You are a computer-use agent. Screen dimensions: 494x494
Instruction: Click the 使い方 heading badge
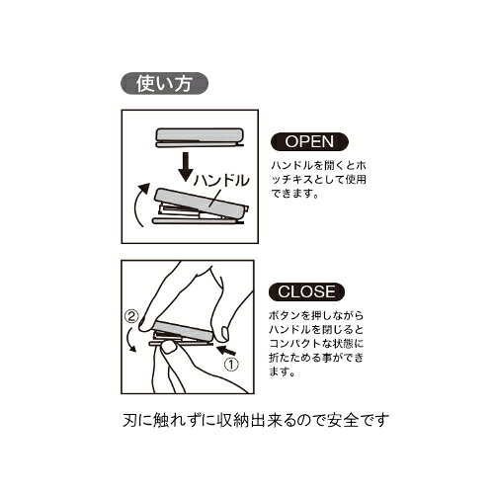tap(165, 83)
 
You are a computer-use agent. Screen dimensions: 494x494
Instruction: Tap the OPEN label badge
tap(309, 142)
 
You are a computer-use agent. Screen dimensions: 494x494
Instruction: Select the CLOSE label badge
tap(306, 291)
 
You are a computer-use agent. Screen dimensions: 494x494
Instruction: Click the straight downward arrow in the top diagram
tap(186, 167)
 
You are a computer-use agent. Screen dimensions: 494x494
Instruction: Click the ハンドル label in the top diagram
tap(221, 181)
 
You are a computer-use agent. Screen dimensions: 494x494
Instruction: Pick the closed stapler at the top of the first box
tap(200, 137)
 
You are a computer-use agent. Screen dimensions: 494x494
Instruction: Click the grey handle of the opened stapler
tap(202, 200)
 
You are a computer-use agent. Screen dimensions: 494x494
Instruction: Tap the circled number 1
tap(231, 365)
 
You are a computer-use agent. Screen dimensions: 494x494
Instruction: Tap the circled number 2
tap(131, 317)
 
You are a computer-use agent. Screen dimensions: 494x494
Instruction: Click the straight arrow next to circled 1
tap(227, 350)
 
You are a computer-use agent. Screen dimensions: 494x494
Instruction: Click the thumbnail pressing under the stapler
tap(170, 348)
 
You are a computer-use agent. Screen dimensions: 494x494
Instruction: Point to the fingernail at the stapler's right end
tap(225, 332)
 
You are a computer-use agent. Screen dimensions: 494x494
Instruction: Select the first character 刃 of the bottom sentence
tap(130, 421)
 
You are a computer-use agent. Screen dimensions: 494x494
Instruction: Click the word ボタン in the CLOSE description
tap(286, 316)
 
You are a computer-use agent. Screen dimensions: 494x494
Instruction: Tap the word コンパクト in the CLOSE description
tap(294, 344)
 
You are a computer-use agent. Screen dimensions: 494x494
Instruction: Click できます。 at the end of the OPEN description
tap(295, 194)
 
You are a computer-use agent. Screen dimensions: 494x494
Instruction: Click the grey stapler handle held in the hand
tap(185, 331)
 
